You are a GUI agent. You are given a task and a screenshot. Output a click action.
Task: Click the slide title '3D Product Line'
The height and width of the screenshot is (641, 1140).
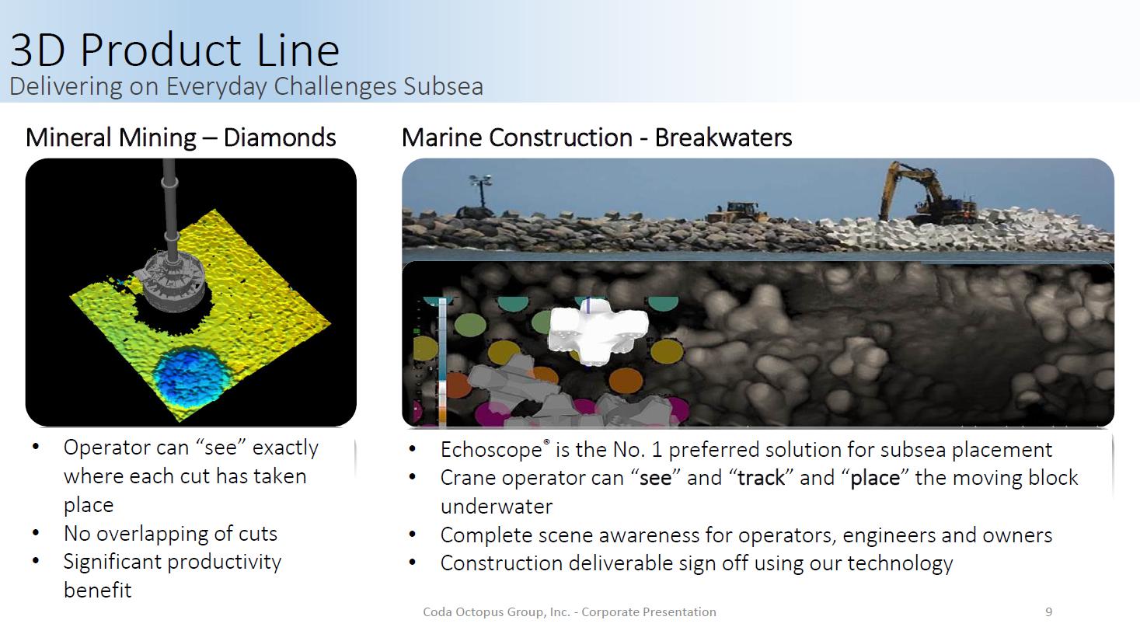[x=175, y=50]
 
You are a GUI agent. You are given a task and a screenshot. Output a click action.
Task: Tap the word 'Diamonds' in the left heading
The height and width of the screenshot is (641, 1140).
[x=280, y=138]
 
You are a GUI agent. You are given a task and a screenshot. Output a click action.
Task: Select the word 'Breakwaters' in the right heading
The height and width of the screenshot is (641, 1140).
[x=723, y=138]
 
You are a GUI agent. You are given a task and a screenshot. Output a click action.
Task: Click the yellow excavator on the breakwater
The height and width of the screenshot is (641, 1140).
[x=926, y=193]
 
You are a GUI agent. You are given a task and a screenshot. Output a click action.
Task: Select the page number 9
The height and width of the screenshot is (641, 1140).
[x=1048, y=612]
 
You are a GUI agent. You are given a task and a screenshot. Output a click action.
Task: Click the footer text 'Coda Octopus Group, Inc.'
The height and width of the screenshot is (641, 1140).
[x=497, y=612]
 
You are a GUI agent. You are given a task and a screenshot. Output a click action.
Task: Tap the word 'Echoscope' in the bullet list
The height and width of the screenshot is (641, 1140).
[x=491, y=450]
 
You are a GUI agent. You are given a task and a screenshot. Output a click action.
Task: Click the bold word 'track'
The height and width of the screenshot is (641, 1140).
[x=761, y=478]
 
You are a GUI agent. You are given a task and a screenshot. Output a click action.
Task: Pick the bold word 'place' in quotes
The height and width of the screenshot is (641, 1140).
[x=875, y=479]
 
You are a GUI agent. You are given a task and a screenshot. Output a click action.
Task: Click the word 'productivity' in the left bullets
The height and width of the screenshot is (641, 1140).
[x=224, y=563]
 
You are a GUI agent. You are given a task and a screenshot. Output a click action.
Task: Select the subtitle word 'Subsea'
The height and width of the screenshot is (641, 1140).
[x=443, y=86]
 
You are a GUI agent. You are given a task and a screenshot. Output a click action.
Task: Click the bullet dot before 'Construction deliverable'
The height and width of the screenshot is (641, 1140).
[x=412, y=563]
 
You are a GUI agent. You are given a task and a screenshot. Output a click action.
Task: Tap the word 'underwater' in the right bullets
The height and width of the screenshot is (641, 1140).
[x=497, y=507]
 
